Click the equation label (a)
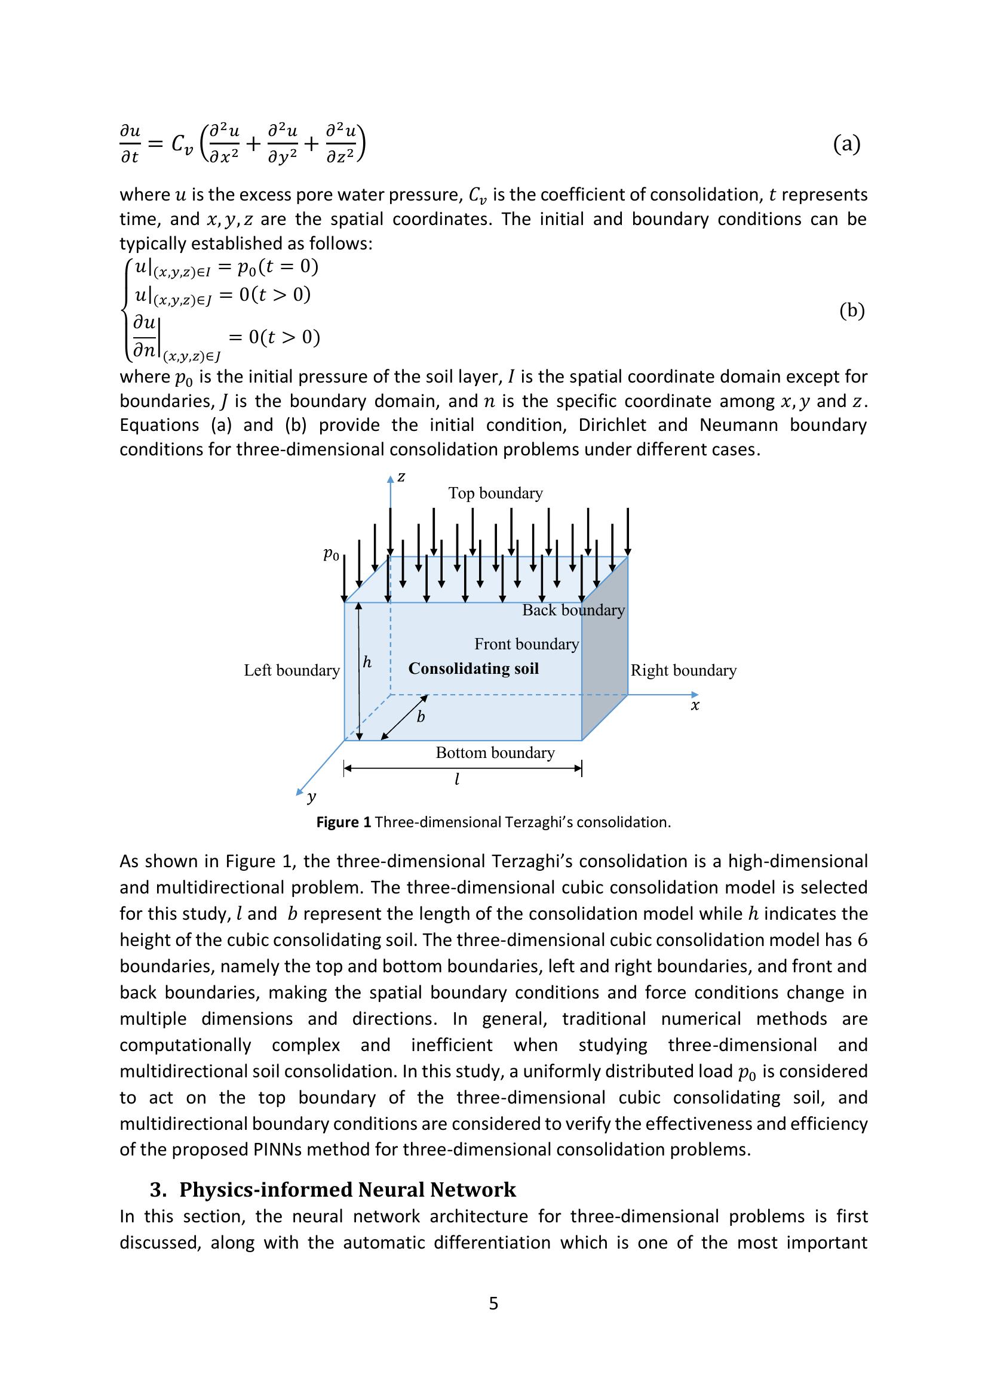pos(846,144)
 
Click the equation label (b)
pos(852,311)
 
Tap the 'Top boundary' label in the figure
pos(495,493)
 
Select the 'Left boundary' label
pos(292,670)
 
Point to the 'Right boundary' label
pos(683,670)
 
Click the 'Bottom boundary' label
pos(495,753)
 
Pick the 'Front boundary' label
pos(526,644)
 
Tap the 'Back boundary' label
pos(573,610)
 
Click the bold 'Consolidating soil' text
pos(473,668)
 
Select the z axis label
pos(401,477)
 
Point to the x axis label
pos(695,705)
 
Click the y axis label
pos(311,797)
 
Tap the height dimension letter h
pos(367,662)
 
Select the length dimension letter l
pos(457,779)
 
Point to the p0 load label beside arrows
pos(331,554)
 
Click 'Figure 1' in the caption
pos(343,822)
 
